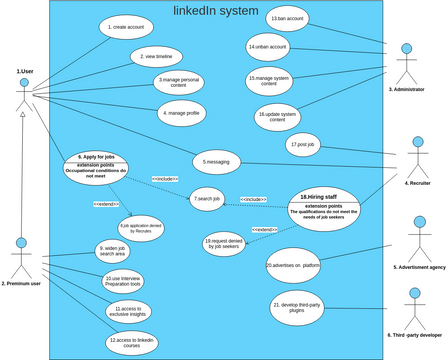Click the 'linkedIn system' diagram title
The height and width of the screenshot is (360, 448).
pyautogui.click(x=215, y=11)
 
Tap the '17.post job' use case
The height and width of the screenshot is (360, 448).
pyautogui.click(x=303, y=145)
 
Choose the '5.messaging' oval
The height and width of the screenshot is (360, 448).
pyautogui.click(x=218, y=162)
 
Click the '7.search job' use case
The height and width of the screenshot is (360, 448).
pyautogui.click(x=208, y=200)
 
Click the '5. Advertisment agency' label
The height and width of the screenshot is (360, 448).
pyautogui.click(x=419, y=268)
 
